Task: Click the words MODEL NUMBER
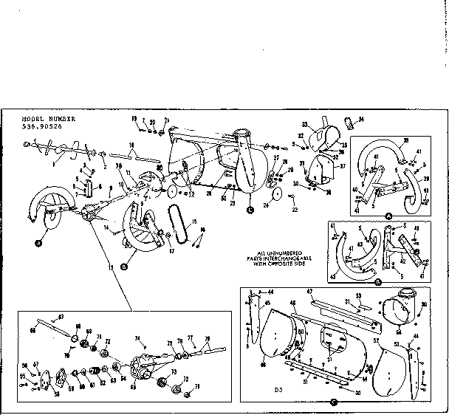pos(44,118)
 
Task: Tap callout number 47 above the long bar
pos(311,292)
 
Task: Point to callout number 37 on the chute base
pos(341,166)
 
